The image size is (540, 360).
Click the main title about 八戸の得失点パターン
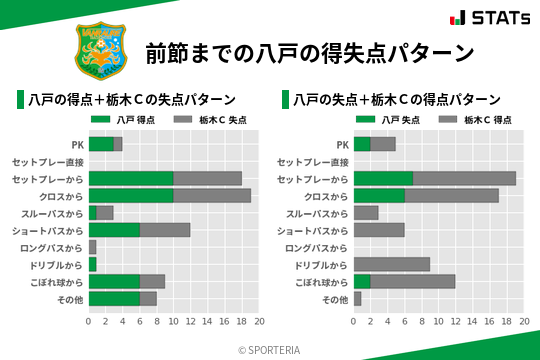[310, 51]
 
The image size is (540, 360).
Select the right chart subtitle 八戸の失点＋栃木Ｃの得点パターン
[397, 100]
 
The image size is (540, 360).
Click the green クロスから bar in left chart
[131, 196]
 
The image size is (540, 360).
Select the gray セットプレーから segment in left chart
[207, 178]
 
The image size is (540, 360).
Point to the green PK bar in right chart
[362, 144]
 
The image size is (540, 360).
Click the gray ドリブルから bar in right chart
[392, 265]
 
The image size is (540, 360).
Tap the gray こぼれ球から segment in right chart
[413, 282]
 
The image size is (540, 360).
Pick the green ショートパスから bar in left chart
[114, 230]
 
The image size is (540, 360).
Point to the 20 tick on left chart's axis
[259, 322]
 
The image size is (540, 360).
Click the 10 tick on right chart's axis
[439, 322]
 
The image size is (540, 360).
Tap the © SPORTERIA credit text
[270, 349]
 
